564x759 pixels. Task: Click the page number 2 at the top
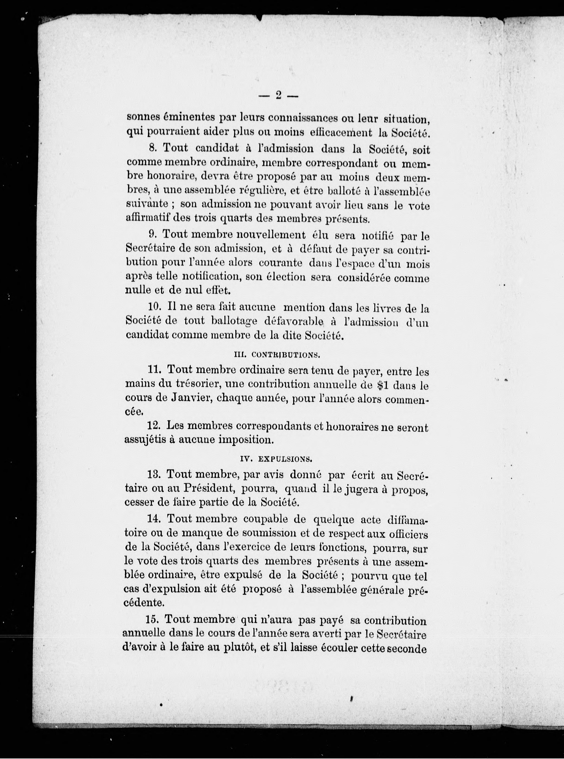pyautogui.click(x=278, y=96)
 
